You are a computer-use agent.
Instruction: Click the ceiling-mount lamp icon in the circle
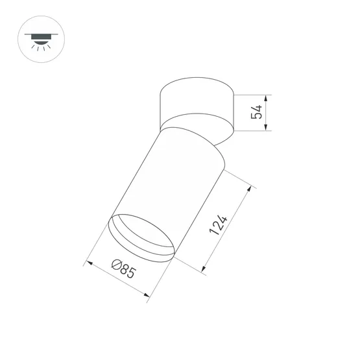(42, 39)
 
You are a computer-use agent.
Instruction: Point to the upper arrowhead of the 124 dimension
(248, 189)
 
